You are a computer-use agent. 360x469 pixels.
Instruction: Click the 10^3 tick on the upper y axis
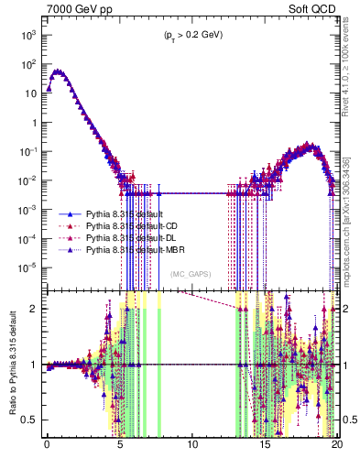pyautogui.click(x=27, y=35)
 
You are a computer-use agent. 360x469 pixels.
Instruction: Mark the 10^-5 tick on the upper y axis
pyautogui.click(x=27, y=267)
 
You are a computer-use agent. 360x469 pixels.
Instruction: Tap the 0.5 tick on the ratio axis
pyautogui.click(x=31, y=420)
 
